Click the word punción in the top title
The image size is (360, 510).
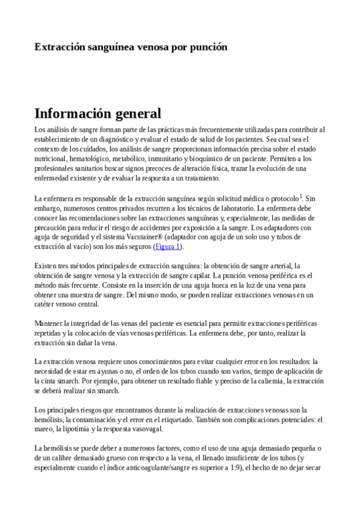pos(207,47)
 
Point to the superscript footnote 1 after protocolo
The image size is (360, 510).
pos(301,195)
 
